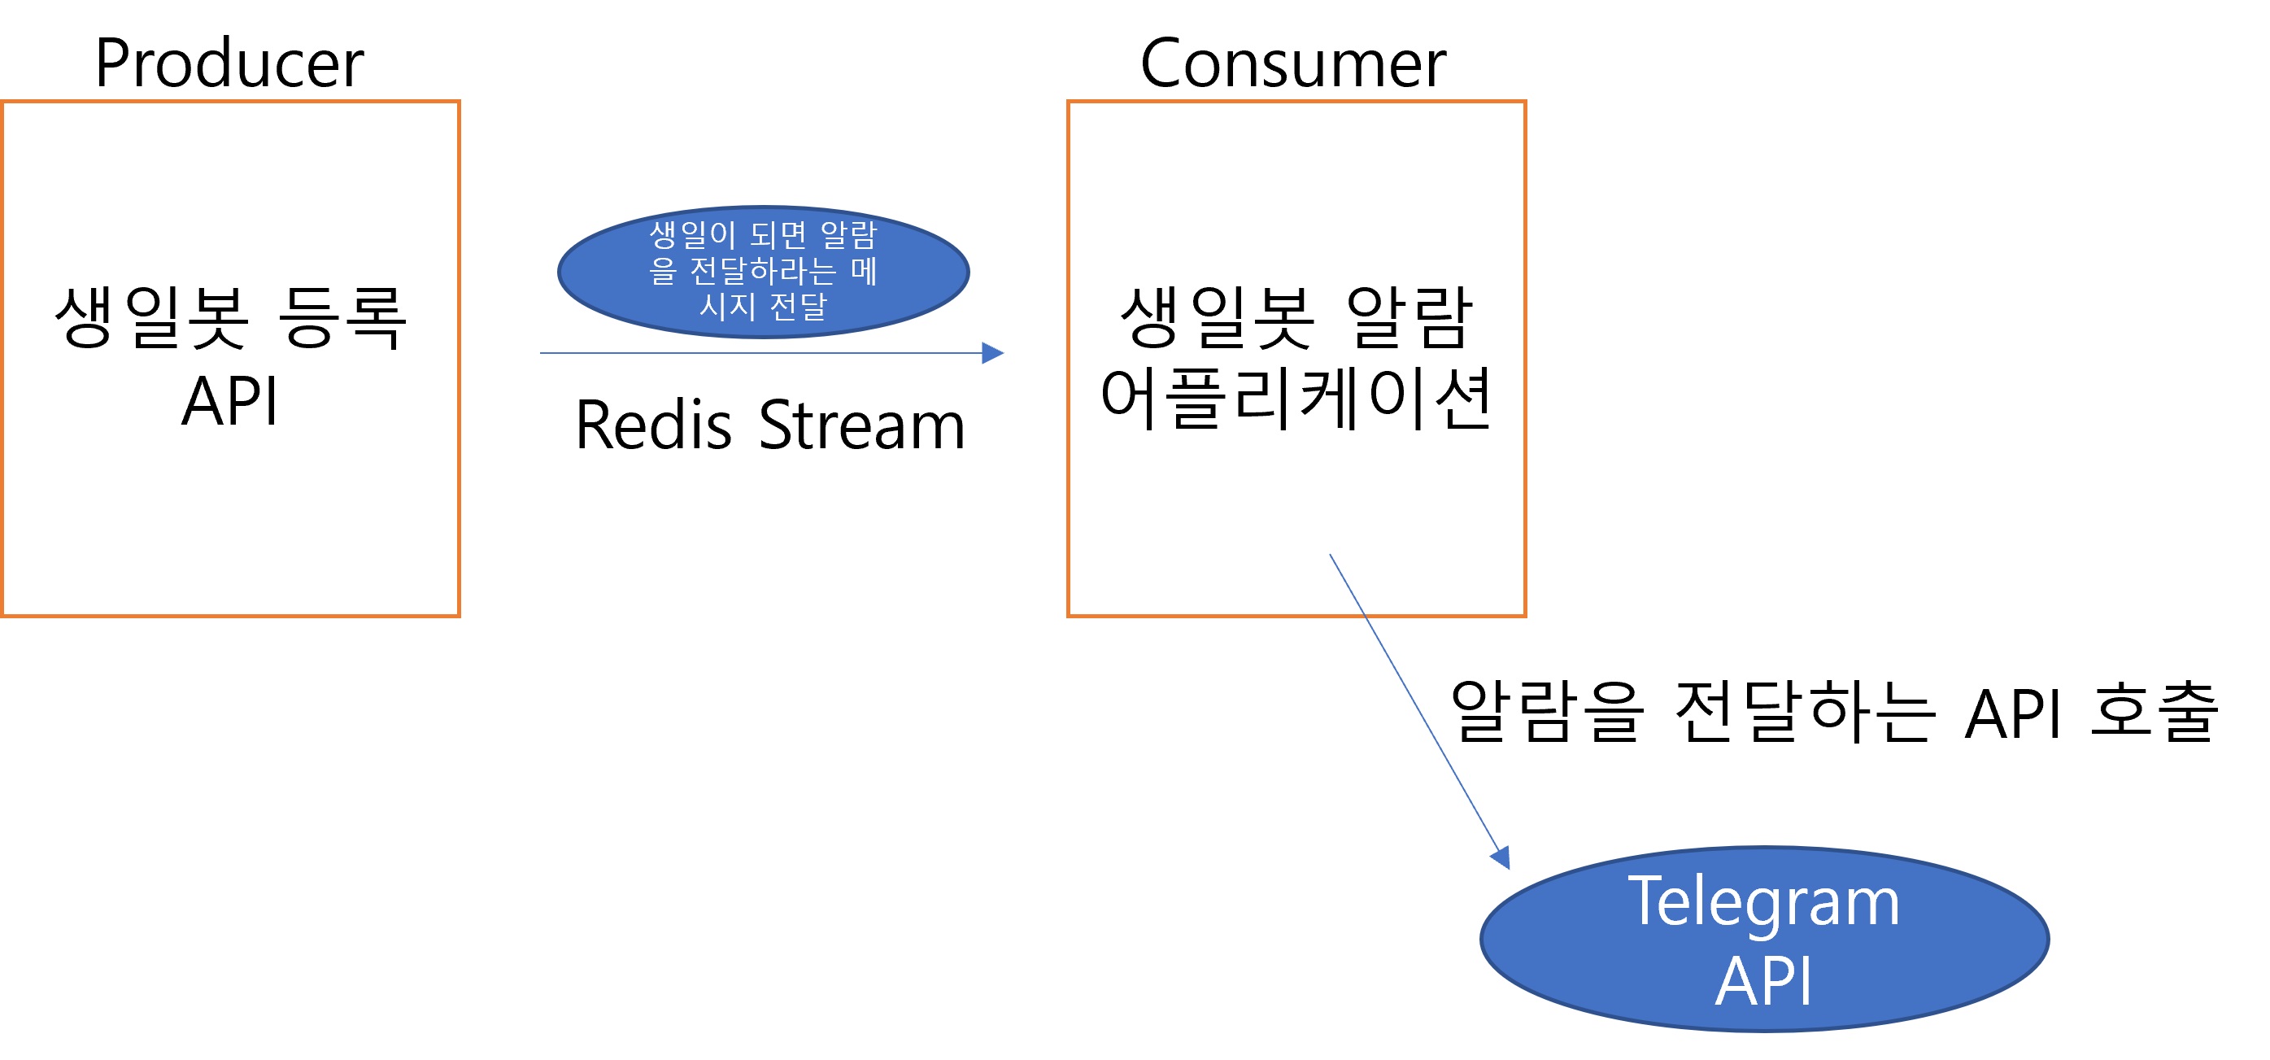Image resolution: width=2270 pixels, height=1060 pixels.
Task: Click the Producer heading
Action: [x=229, y=63]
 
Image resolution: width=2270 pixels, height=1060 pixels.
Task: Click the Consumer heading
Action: [x=1292, y=63]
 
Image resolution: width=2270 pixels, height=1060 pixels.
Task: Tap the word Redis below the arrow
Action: [x=653, y=425]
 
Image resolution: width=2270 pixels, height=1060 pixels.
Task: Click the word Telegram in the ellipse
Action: [x=1763, y=902]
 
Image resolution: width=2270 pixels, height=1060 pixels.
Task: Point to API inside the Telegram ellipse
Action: [x=1763, y=981]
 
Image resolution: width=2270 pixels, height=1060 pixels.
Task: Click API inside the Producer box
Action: [x=230, y=402]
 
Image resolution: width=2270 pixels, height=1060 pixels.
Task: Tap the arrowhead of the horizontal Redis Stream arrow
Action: [x=993, y=353]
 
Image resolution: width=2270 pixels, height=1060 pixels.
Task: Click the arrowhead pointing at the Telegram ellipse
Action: [x=1501, y=857]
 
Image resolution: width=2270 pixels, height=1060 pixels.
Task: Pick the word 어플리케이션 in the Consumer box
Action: [x=1296, y=399]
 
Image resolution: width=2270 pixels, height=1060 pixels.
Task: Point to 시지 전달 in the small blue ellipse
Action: [x=763, y=307]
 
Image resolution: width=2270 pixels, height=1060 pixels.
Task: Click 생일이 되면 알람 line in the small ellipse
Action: [x=763, y=235]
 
